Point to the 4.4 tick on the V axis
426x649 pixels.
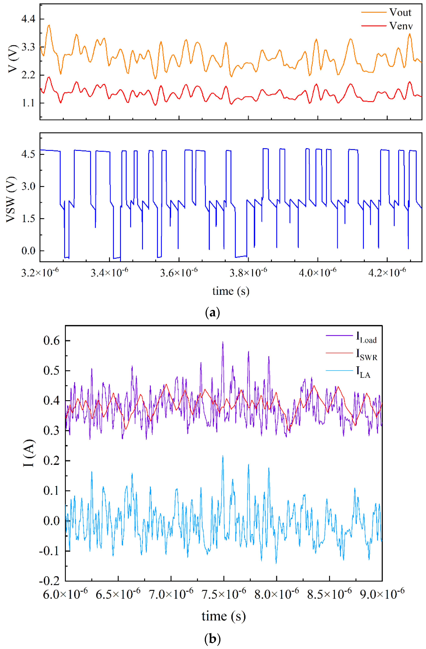[28, 19]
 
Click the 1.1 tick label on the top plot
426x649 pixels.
[28, 103]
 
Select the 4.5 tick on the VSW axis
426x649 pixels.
[28, 154]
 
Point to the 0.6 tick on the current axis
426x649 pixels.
[52, 341]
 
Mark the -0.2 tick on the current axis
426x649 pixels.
[49, 581]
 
